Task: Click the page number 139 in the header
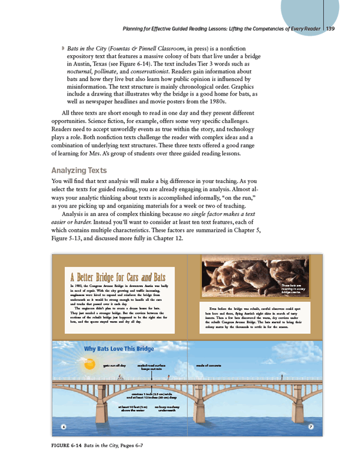(330, 28)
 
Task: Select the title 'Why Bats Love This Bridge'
(119, 349)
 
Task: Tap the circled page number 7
(311, 427)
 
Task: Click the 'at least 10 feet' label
(134, 409)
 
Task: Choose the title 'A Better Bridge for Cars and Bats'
(118, 278)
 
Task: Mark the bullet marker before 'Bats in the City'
(63, 47)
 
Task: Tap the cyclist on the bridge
(121, 378)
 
